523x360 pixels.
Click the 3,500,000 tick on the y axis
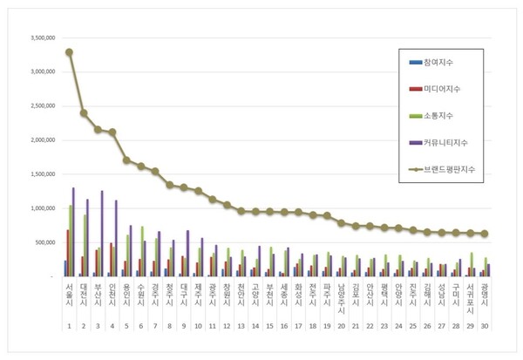40,38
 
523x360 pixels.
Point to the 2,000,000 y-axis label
40,140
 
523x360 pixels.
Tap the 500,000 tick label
44,242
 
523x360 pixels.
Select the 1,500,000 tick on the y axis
40,174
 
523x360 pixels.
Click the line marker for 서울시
69,52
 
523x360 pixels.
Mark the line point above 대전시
84,113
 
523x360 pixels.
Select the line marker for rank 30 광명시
485,234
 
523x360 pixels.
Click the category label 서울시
69,293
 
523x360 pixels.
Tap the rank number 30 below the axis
485,325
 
